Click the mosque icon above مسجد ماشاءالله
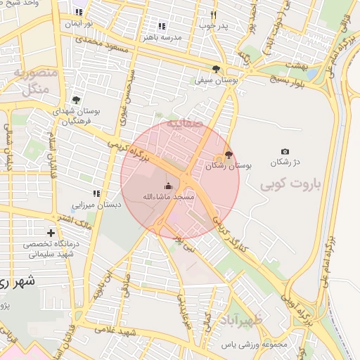click(x=168, y=186)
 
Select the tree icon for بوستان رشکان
click(x=227, y=156)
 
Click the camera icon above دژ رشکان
click(x=285, y=152)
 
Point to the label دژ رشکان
click(x=285, y=162)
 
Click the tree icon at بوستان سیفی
click(x=216, y=69)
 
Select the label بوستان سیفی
click(x=216, y=80)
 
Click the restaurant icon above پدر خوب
click(x=214, y=15)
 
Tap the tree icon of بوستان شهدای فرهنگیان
click(x=76, y=100)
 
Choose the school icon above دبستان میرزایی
click(x=96, y=193)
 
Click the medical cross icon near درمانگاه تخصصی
click(x=51, y=233)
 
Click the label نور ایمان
click(x=79, y=24)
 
